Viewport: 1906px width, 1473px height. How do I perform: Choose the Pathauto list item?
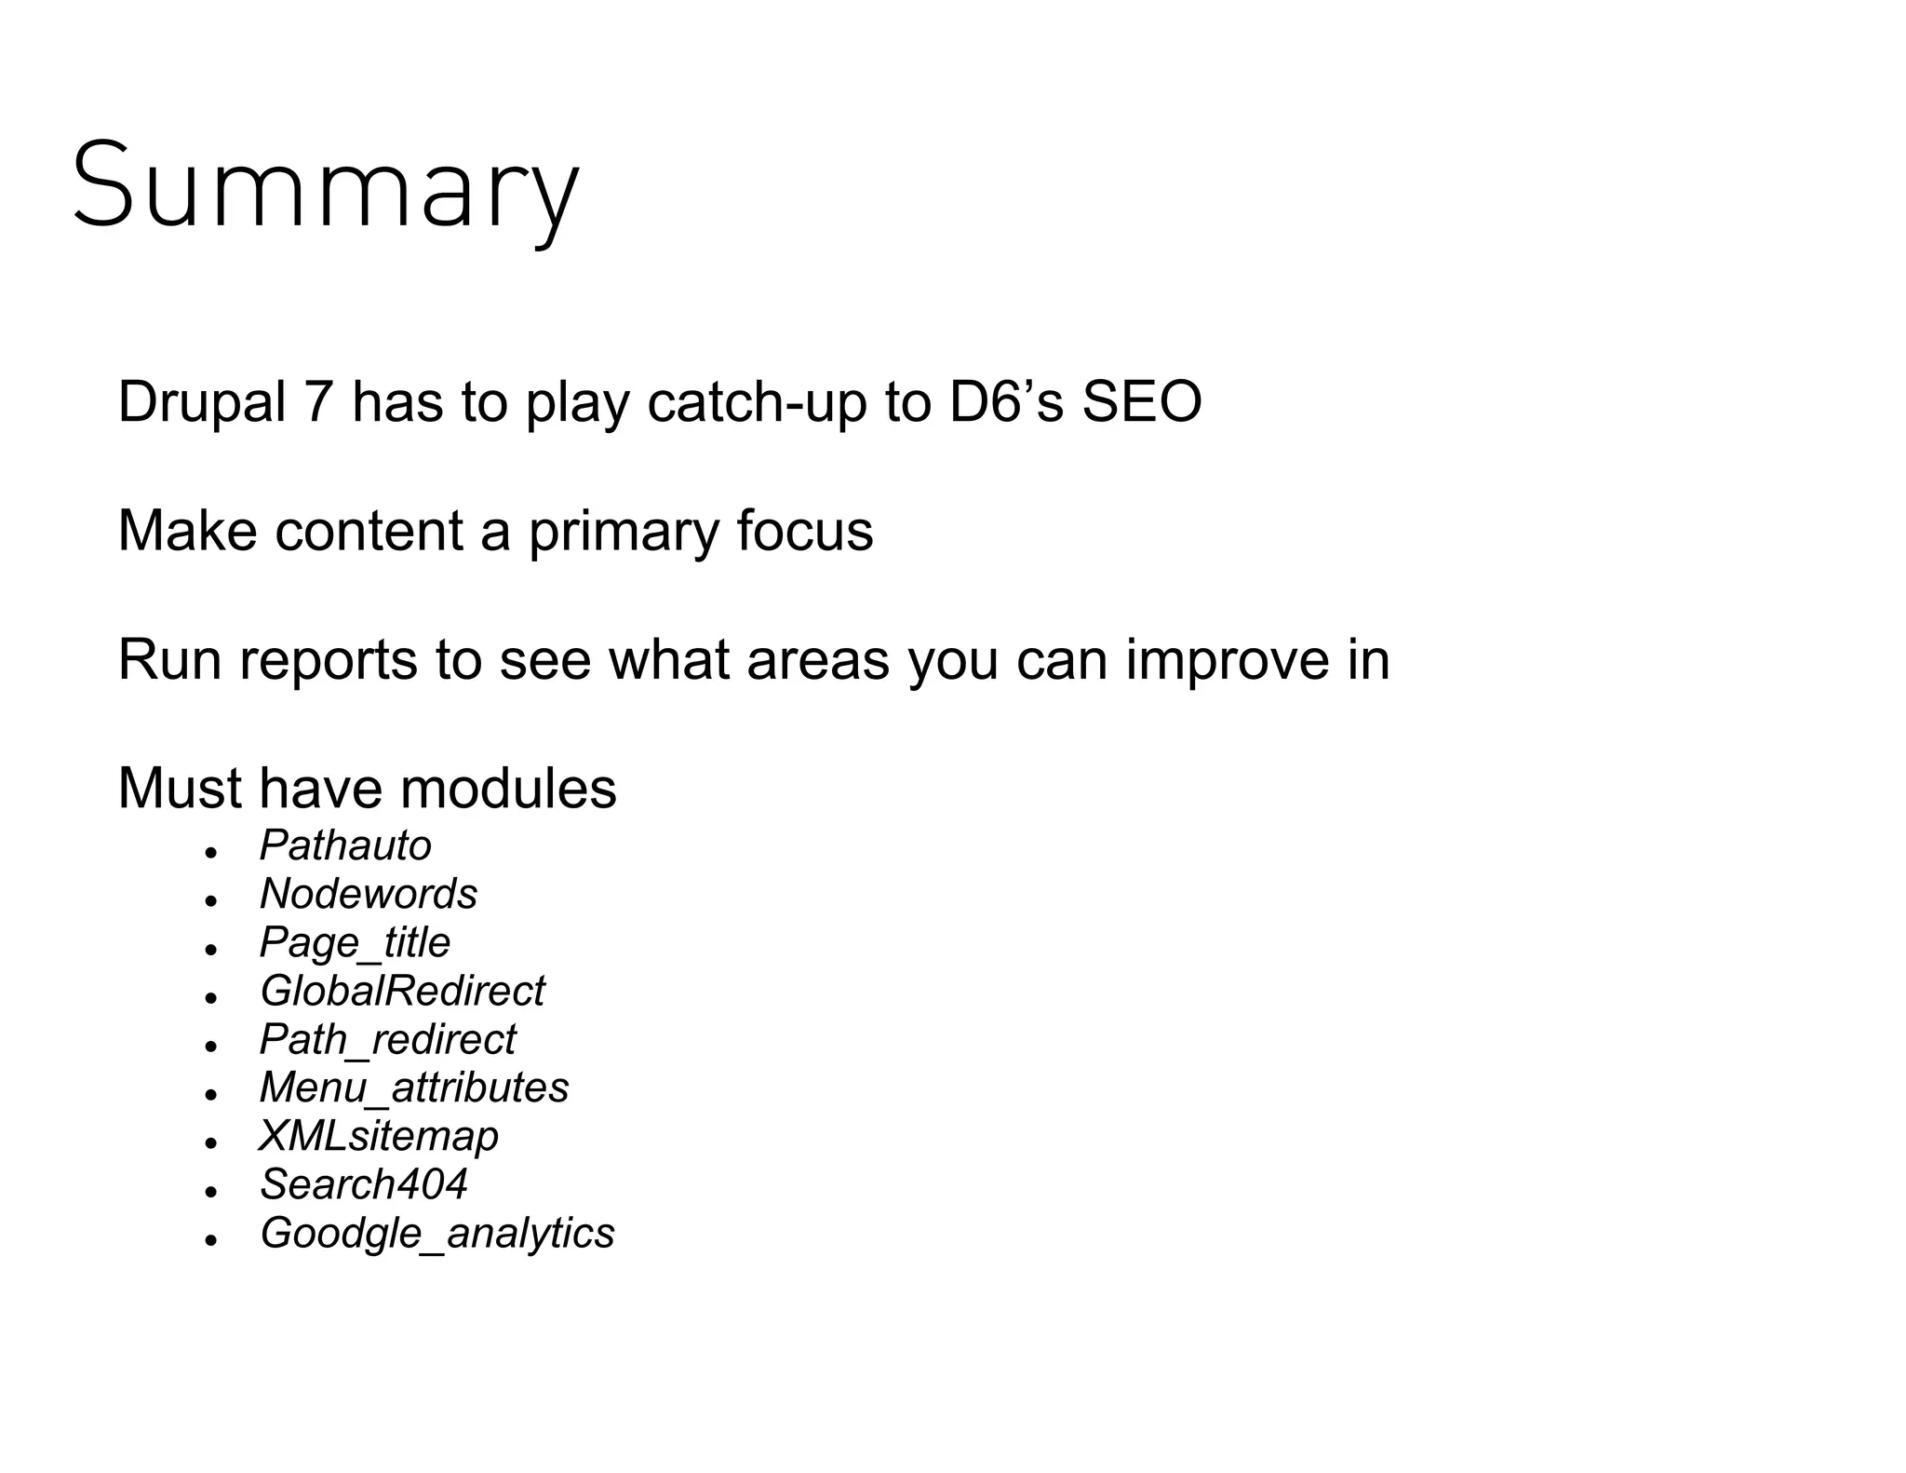point(345,845)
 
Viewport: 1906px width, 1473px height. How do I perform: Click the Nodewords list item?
point(369,894)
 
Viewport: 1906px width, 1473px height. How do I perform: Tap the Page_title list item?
point(355,942)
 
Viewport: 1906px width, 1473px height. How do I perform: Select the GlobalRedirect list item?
point(402,991)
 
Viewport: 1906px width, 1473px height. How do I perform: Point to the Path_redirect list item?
point(387,1039)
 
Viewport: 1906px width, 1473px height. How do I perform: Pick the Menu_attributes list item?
point(414,1088)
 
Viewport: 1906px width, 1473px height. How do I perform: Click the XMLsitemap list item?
point(379,1136)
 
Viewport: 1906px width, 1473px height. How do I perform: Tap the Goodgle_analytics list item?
point(437,1233)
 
